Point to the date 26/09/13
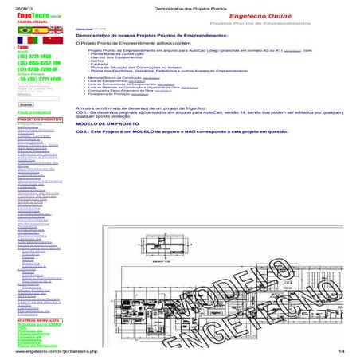15,5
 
